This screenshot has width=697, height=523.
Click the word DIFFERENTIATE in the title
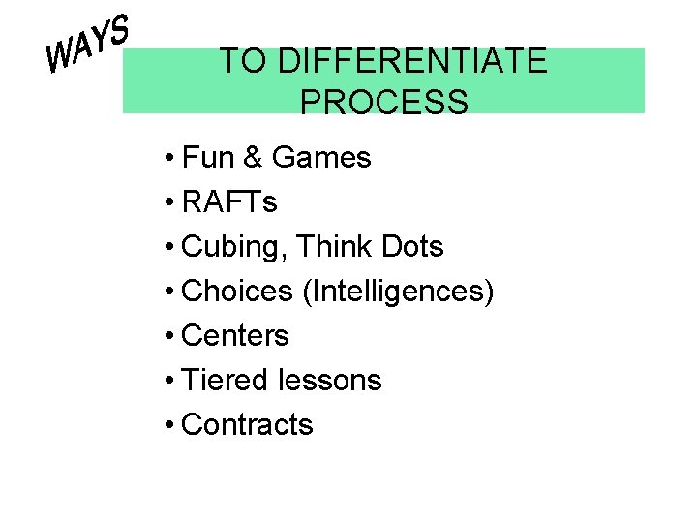(x=411, y=62)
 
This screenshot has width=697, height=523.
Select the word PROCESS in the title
(x=383, y=102)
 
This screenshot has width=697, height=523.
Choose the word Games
(x=321, y=157)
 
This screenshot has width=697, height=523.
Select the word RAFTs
(x=228, y=201)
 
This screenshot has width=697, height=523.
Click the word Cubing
(x=233, y=247)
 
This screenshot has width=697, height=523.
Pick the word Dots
(x=412, y=247)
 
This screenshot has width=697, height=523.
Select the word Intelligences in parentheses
(x=398, y=291)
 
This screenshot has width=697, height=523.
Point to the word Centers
(x=235, y=336)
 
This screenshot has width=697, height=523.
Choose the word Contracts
(x=247, y=425)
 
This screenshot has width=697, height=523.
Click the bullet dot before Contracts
(x=169, y=426)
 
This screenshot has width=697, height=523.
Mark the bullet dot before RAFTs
(x=169, y=202)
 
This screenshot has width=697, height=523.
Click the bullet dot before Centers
(x=169, y=337)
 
